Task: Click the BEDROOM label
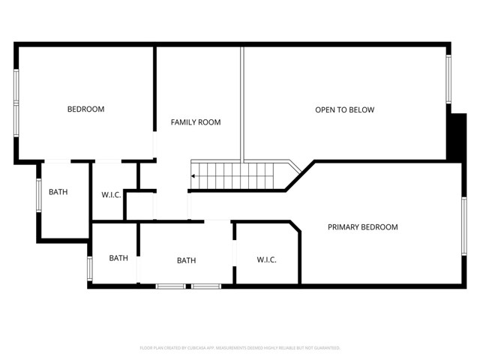coord(85,109)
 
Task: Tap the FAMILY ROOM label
coord(195,122)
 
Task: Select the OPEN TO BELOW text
coord(344,110)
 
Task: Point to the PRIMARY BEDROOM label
coord(362,227)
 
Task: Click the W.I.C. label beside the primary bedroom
coord(266,260)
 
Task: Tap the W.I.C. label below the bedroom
coord(112,195)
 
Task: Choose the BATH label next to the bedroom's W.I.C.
coord(58,192)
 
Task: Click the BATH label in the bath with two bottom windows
coord(186,261)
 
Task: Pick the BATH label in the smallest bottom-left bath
coord(118,258)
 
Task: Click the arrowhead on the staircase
coord(193,176)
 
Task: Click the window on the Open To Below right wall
coord(449,79)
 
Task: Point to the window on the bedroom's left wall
coord(16,103)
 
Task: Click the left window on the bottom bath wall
coord(170,286)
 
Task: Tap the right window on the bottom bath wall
coord(205,286)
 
